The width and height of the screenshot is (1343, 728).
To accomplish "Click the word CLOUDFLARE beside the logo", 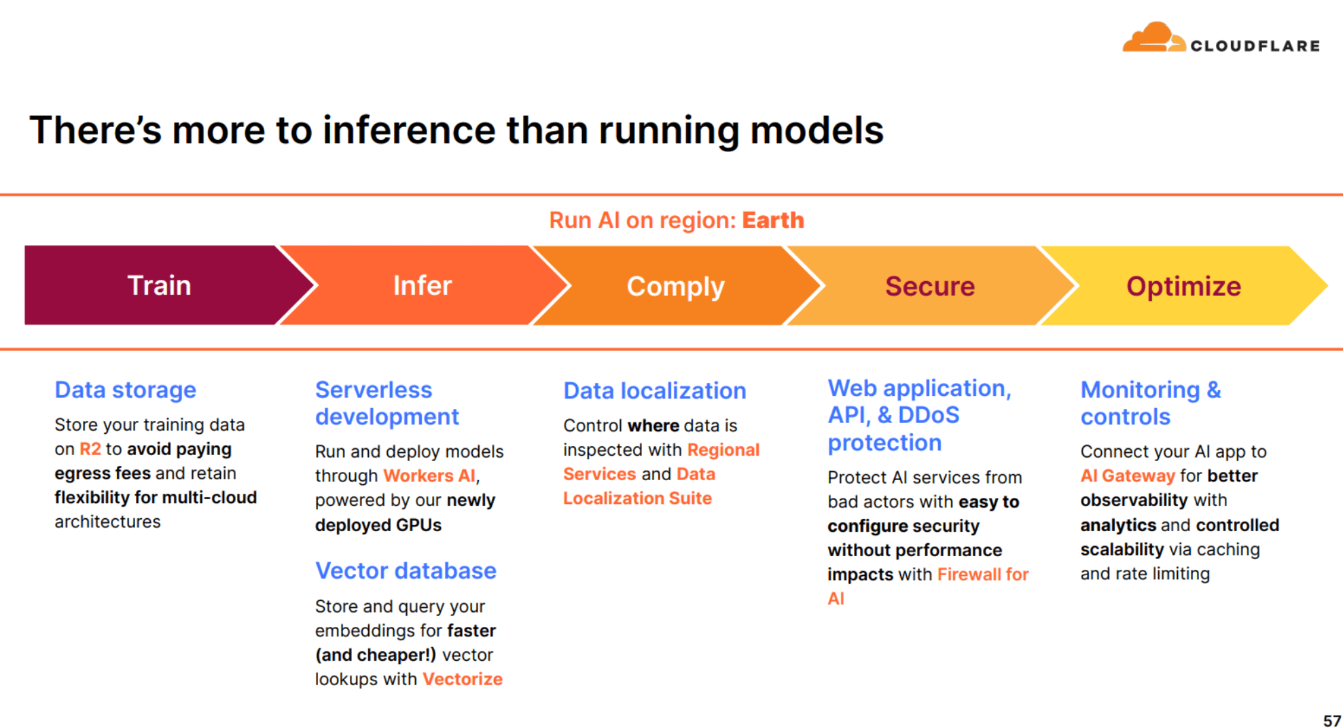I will (x=1255, y=46).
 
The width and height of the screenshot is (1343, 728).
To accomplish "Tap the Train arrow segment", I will (x=159, y=285).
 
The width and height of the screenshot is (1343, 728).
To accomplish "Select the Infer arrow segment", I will (x=422, y=285).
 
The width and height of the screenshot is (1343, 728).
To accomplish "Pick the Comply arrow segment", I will (x=675, y=286).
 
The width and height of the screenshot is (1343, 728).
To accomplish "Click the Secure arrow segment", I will (x=929, y=286).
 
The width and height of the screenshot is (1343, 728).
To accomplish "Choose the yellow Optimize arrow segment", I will (x=1183, y=286).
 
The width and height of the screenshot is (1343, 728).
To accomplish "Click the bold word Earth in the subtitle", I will (x=772, y=220).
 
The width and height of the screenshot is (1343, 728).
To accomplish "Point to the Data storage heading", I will (x=125, y=390).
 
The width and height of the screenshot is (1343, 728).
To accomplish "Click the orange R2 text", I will (x=90, y=449).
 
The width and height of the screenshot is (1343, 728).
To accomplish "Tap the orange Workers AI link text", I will (x=429, y=475).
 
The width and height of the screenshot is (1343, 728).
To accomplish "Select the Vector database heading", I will (x=406, y=570).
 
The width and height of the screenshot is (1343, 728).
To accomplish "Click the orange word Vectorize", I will (x=462, y=679).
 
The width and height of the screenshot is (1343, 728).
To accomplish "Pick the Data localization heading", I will (x=654, y=390).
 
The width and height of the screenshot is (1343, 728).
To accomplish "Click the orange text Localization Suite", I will (x=637, y=498).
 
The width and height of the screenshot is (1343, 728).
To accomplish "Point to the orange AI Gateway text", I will (x=1127, y=475).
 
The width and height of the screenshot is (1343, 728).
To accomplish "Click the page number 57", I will (x=1331, y=721).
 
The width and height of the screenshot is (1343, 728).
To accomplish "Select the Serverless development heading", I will (x=387, y=403).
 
